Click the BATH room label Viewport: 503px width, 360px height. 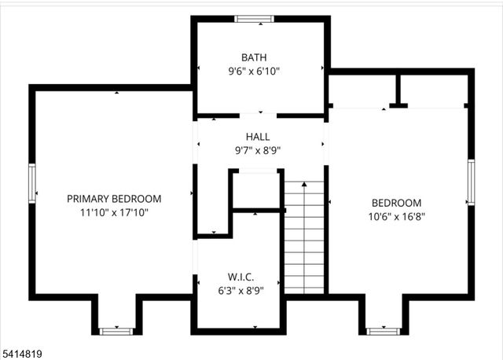[254, 57]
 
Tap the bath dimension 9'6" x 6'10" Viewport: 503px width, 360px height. [254, 71]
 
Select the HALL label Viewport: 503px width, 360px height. [258, 137]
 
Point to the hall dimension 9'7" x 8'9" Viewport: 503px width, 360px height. [258, 150]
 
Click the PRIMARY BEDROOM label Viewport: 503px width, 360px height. [114, 199]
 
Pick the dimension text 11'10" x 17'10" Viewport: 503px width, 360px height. [114, 212]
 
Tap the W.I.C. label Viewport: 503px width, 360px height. [240, 277]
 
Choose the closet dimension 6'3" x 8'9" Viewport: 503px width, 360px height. [240, 291]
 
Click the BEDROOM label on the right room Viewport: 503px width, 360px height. [396, 202]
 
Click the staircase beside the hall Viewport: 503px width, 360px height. [304, 236]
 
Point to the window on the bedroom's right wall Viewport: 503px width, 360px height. [471, 182]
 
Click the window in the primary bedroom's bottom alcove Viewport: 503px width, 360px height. [115, 331]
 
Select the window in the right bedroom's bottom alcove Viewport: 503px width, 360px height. [384, 331]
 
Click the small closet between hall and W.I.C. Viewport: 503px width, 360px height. [256, 189]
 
